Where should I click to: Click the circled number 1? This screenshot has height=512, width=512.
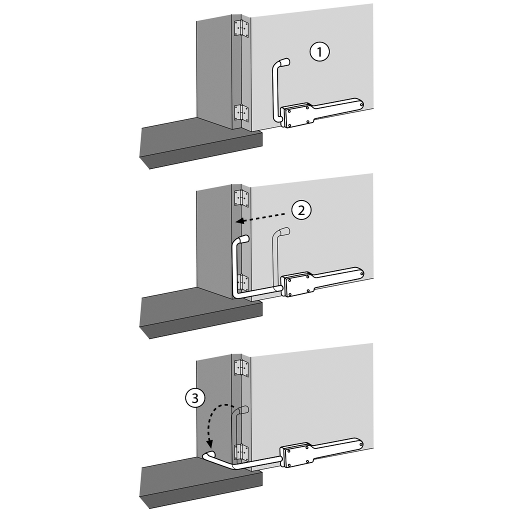tap(319, 52)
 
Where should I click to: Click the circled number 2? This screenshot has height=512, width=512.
tap(300, 210)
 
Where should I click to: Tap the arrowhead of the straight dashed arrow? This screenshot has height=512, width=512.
tap(240, 220)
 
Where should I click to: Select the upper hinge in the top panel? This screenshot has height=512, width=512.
tap(241, 29)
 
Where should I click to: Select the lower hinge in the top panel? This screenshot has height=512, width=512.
tap(241, 113)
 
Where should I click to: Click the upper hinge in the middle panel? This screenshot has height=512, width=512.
tap(241, 198)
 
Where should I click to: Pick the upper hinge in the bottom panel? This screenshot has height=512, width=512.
tap(241, 368)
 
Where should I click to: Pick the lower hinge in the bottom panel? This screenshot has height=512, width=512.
tap(241, 452)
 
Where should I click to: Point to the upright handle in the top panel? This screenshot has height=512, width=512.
tap(275, 90)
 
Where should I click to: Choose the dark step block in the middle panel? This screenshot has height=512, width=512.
tap(200, 314)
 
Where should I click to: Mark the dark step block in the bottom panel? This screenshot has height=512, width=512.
tap(200, 484)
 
